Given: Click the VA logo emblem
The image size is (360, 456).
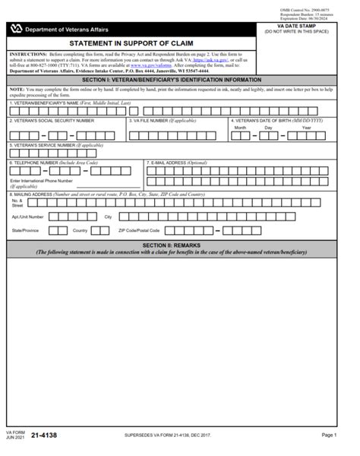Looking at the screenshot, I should click(x=16, y=29).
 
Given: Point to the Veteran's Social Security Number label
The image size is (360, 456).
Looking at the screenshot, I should click(x=52, y=120).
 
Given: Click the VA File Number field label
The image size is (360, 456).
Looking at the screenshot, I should click(x=163, y=120).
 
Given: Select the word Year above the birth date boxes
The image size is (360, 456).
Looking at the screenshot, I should click(x=307, y=128).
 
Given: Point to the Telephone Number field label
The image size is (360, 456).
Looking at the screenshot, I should click(x=53, y=163).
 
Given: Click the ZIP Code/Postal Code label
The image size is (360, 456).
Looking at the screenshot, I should click(x=139, y=230).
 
